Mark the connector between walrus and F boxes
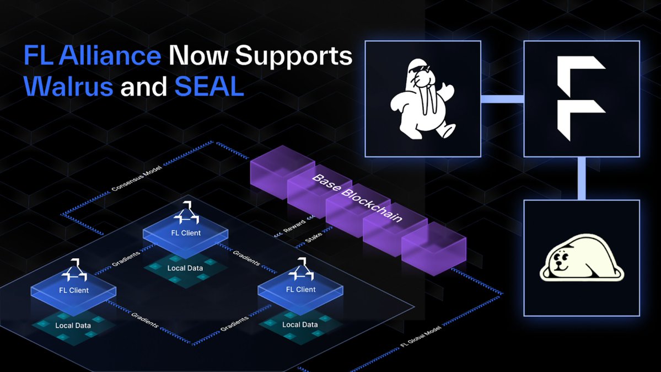(x=502, y=99)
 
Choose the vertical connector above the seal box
(x=582, y=178)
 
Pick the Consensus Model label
(x=132, y=178)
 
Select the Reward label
(x=292, y=227)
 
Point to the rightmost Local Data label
(x=300, y=325)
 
